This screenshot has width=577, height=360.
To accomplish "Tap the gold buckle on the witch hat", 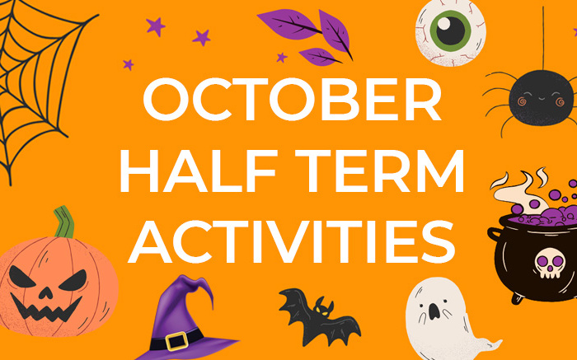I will click(x=175, y=339).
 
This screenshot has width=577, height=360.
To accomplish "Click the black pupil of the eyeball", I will click(x=451, y=30).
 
